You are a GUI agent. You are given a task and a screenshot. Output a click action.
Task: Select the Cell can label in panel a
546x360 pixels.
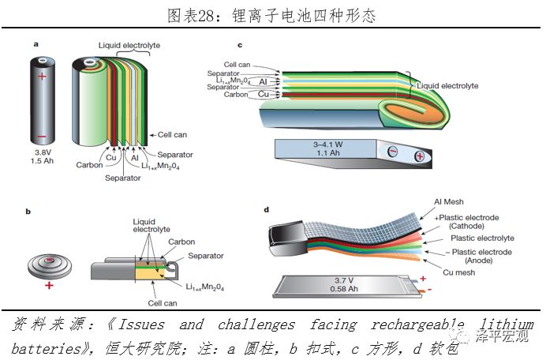[172, 135]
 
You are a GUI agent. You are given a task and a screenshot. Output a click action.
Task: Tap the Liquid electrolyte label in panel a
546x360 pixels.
[129, 46]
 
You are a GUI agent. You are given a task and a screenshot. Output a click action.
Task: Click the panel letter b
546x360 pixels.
[29, 211]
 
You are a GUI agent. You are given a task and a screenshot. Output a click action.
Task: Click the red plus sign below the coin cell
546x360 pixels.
[50, 285]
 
